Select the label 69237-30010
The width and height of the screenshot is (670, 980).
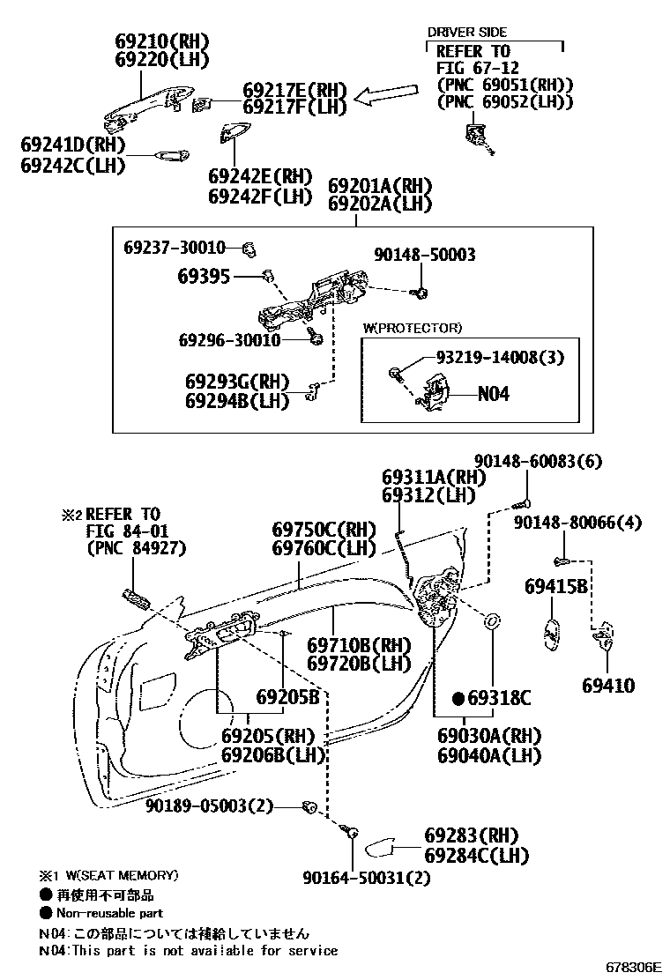tap(175, 248)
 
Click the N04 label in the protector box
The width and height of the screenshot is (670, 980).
tap(494, 394)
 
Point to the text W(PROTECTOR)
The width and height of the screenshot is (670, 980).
tap(412, 328)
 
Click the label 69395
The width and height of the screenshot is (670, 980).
tap(203, 277)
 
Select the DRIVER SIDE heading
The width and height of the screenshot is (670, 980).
tap(467, 32)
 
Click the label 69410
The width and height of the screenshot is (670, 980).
tap(607, 686)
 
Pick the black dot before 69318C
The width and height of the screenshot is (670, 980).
tap(458, 699)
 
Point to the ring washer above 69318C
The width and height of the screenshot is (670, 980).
tap(492, 621)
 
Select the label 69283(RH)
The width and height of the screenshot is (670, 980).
tap(472, 835)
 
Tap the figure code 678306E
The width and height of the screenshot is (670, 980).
tap(632, 967)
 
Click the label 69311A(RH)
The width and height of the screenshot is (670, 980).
tap(434, 477)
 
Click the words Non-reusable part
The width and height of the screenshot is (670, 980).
tap(110, 913)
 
